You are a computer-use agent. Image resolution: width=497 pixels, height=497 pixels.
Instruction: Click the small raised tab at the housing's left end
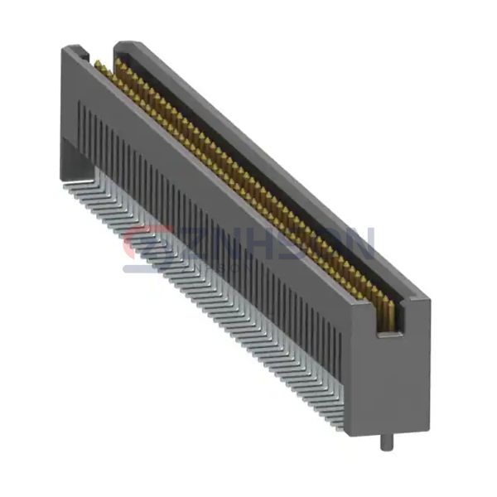pos(83,51)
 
